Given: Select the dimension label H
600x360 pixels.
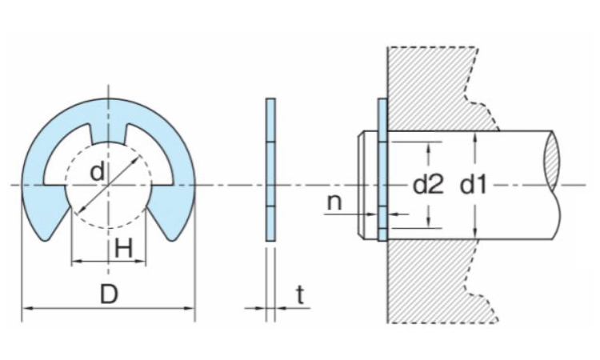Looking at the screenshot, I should pyautogui.click(x=123, y=249).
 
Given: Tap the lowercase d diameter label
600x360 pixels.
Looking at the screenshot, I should pyautogui.click(x=97, y=171).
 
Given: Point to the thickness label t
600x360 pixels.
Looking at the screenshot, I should pyautogui.click(x=299, y=294).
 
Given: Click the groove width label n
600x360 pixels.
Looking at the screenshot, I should pyautogui.click(x=334, y=201).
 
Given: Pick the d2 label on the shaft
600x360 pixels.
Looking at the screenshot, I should pyautogui.click(x=428, y=186).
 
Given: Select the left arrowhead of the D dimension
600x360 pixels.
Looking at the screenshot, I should pyautogui.click(x=26, y=307).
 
